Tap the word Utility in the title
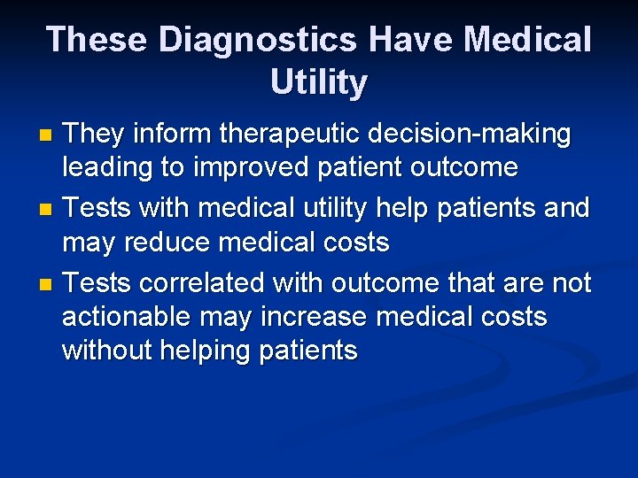pyautogui.click(x=319, y=82)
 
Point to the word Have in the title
pyautogui.click(x=410, y=40)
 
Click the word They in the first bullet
pyautogui.click(x=95, y=135)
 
